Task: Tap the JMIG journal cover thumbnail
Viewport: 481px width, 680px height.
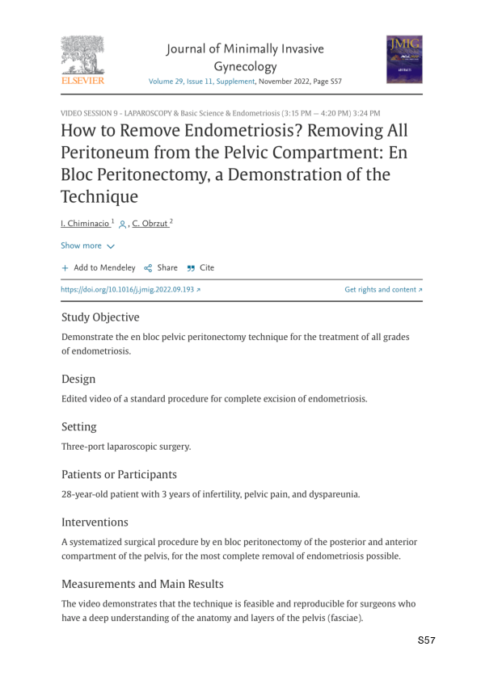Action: [x=403, y=58]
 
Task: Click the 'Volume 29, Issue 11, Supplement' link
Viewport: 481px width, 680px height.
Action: [x=201, y=82]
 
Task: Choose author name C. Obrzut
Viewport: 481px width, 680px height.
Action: [x=153, y=223]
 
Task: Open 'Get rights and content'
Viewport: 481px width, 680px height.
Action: [x=383, y=289]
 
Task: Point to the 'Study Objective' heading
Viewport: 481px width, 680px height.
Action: [x=100, y=317]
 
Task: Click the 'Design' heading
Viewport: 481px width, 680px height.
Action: [x=78, y=379]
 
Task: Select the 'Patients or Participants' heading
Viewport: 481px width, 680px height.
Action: [x=120, y=474]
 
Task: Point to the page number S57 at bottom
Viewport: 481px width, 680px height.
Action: [x=427, y=640]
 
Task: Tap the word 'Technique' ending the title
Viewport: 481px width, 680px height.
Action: [x=99, y=196]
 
